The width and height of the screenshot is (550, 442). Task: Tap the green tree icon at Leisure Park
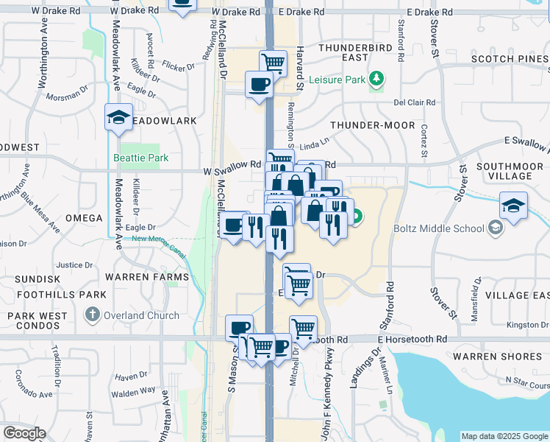click(376, 79)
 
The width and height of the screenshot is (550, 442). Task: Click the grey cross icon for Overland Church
click(92, 315)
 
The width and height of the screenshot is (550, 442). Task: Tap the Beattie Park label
click(140, 158)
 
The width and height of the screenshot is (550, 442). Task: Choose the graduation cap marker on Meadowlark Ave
click(118, 118)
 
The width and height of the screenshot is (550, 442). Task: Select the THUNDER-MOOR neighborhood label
click(373, 125)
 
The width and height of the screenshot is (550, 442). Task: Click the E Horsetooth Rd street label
click(413, 340)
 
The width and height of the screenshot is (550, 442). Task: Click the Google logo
click(24, 433)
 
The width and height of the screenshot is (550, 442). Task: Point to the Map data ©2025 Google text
click(504, 436)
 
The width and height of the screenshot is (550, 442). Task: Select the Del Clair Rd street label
click(415, 102)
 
